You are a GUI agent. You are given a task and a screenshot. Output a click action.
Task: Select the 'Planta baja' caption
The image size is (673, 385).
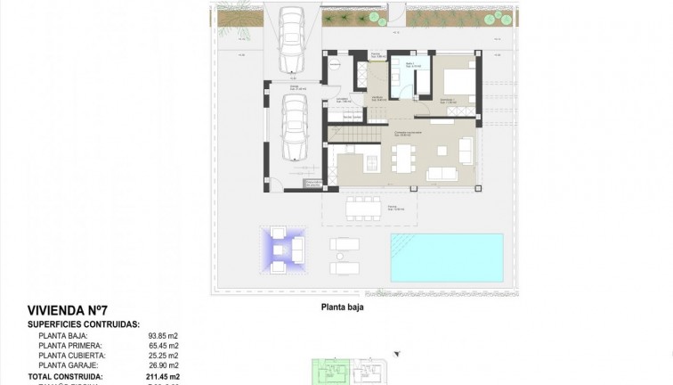[x=343, y=311]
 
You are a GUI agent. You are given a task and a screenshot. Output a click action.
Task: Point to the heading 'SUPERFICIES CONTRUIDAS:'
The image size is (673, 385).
[x=83, y=324]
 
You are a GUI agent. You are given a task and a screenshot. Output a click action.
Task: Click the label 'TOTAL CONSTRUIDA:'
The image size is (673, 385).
[x=65, y=375]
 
